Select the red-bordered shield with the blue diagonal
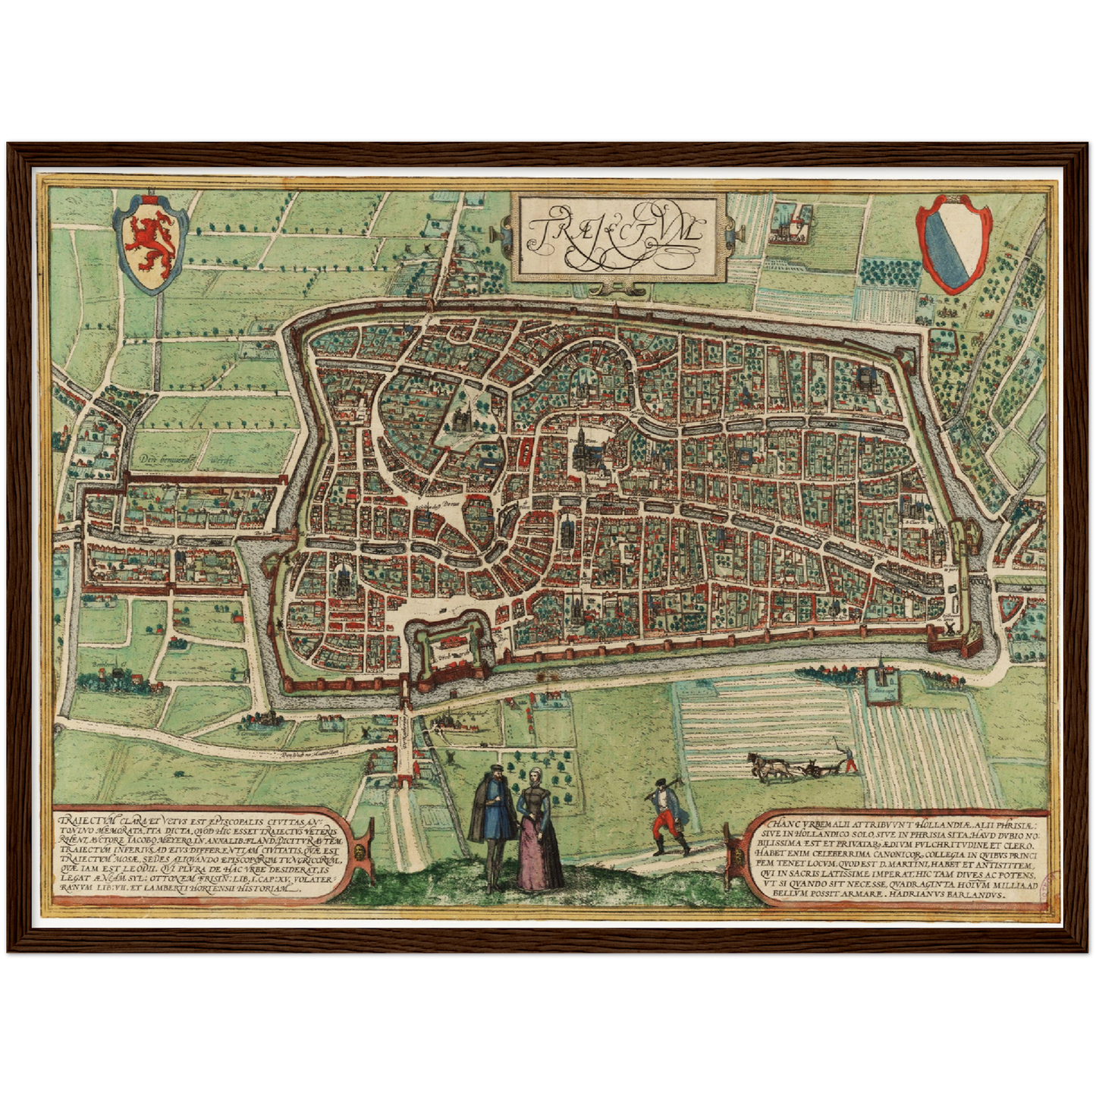[954, 243]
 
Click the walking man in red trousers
[668, 815]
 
